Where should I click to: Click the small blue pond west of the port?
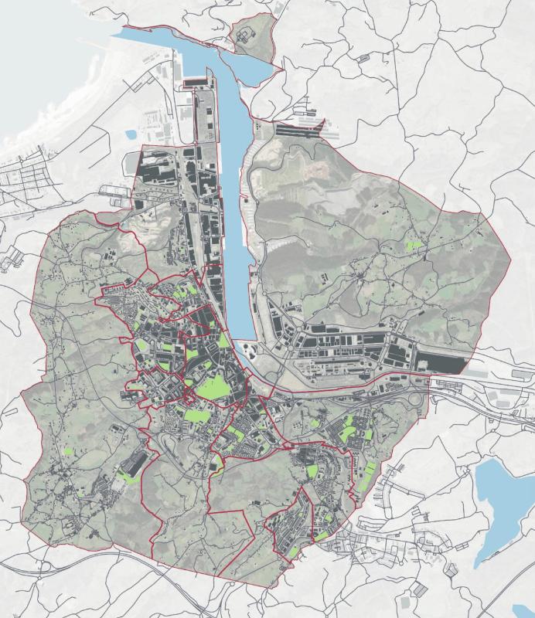[x=131, y=134]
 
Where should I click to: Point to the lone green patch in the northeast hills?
[x=415, y=245]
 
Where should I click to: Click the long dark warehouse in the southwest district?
[x=133, y=463]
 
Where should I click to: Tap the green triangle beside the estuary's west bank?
[x=223, y=341]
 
